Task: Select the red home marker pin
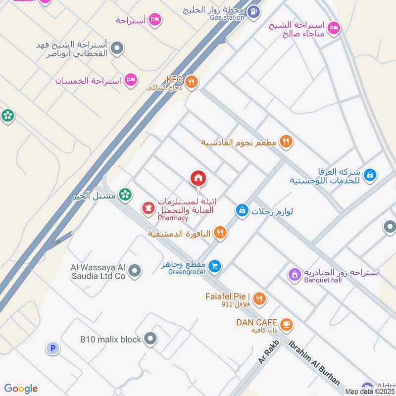(198, 178)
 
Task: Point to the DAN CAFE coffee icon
(286, 325)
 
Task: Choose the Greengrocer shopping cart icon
(214, 266)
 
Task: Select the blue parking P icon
(52, 348)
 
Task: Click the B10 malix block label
(110, 340)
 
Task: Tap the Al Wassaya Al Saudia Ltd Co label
(98, 271)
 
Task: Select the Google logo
(21, 389)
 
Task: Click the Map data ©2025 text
(369, 391)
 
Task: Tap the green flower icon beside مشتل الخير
(126, 195)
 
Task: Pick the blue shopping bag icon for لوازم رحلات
(242, 211)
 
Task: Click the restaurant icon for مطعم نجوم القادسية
(286, 142)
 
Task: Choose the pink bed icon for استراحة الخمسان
(131, 79)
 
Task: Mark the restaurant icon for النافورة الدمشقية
(220, 233)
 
